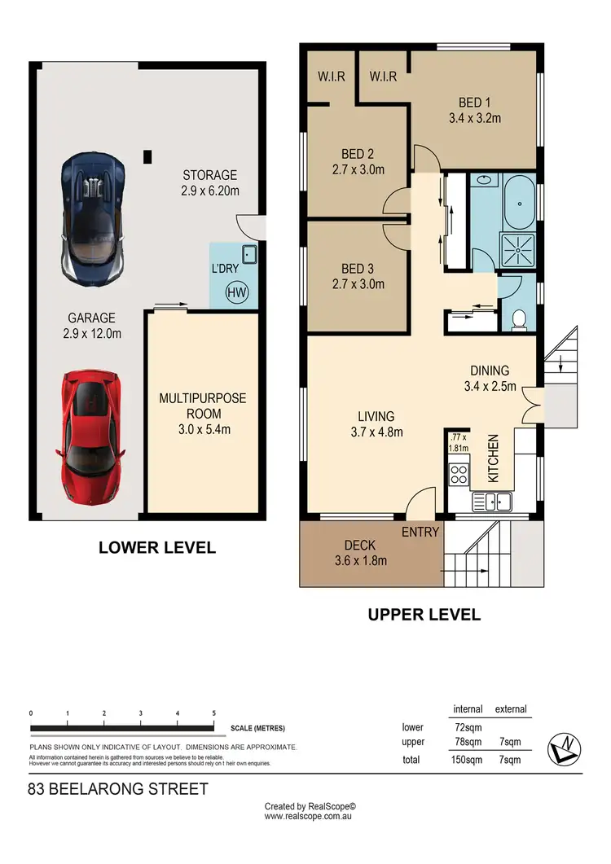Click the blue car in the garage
pyautogui.click(x=94, y=214)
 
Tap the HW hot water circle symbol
pyautogui.click(x=236, y=292)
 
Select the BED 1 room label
pyautogui.click(x=474, y=110)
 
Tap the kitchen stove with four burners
pyautogui.click(x=459, y=474)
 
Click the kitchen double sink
pyautogui.click(x=498, y=502)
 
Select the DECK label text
pyautogui.click(x=358, y=545)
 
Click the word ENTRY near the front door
pyautogui.click(x=420, y=532)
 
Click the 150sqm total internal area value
pyautogui.click(x=468, y=760)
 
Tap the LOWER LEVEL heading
pyautogui.click(x=157, y=547)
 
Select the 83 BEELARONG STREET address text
pyautogui.click(x=118, y=789)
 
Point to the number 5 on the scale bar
pyautogui.click(x=213, y=713)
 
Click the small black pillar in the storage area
pyautogui.click(x=147, y=156)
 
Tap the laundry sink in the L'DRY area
pyautogui.click(x=249, y=256)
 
